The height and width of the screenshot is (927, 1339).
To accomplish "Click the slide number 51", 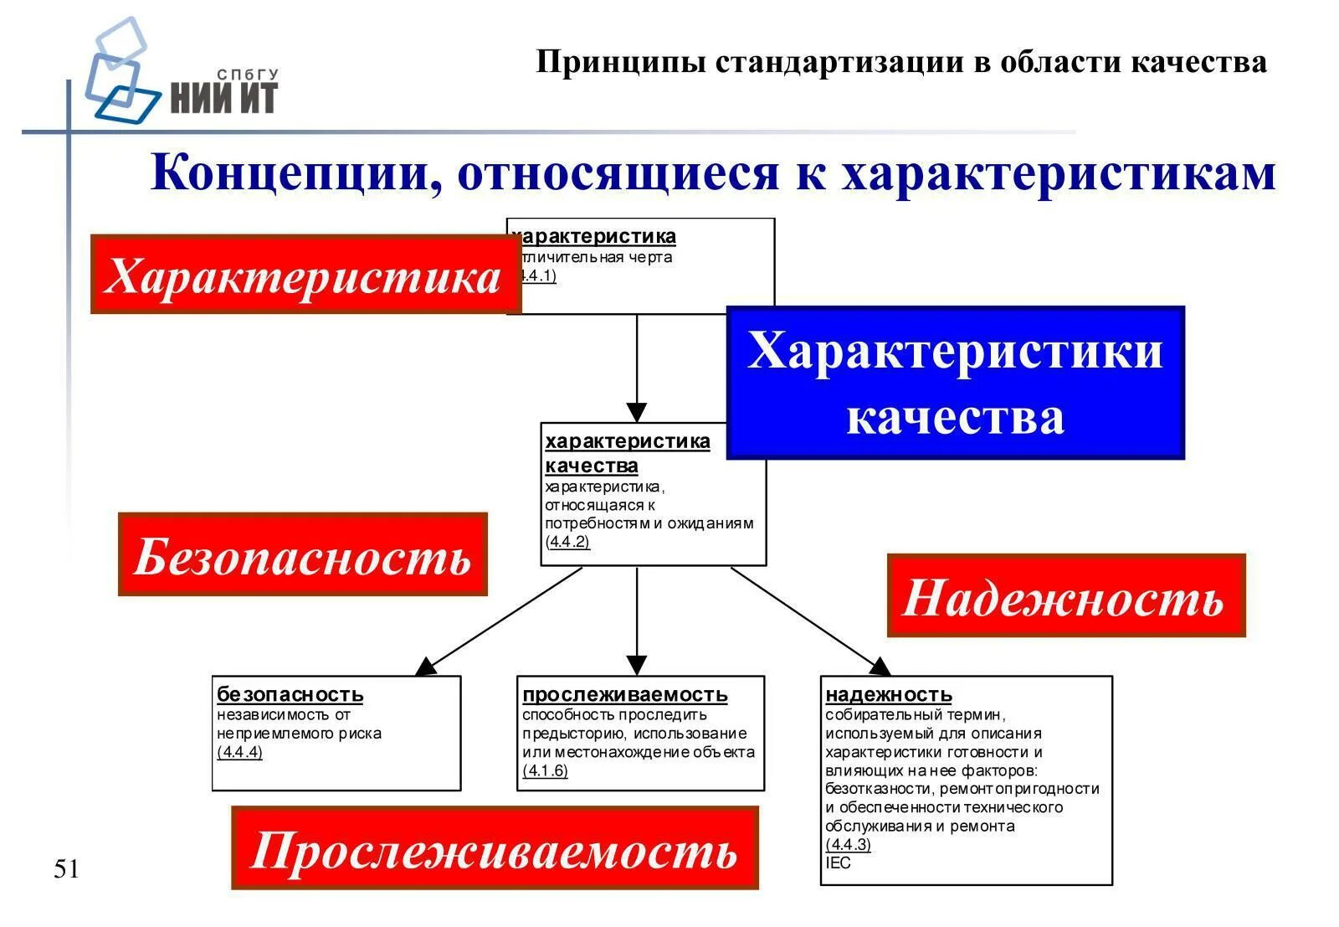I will [x=66, y=869].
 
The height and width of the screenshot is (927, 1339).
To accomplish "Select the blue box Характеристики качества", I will [x=955, y=383].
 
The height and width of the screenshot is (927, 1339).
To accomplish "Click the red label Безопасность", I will [x=302, y=555].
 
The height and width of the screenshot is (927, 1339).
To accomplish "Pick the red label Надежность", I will [x=1065, y=596].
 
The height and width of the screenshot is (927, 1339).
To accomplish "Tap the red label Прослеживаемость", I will [x=495, y=848].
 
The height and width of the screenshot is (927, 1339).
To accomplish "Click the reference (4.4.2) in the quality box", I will [x=567, y=542].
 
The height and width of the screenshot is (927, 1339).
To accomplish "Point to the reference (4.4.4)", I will [x=239, y=752].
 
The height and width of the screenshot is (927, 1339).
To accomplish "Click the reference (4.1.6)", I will [x=545, y=770].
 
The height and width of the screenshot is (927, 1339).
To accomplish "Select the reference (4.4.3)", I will [x=848, y=844].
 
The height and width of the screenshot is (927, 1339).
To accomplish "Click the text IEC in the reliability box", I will [x=838, y=863].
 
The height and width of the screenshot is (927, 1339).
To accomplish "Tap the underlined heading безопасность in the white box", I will [x=290, y=694].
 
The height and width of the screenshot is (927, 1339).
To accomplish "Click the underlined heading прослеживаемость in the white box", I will [x=625, y=694].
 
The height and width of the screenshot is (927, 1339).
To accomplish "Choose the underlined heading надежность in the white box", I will [x=889, y=694].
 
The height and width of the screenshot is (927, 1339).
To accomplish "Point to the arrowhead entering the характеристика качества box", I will [x=637, y=413].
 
